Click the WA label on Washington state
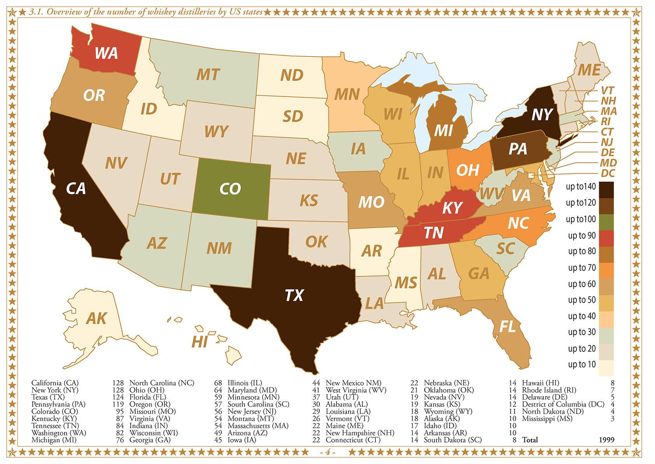106,53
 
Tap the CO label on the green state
230,189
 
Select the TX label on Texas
294,295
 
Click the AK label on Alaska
96,318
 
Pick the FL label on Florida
507,326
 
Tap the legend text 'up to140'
581,187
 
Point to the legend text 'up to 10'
581,364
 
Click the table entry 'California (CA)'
55,383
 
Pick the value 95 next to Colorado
118,411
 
